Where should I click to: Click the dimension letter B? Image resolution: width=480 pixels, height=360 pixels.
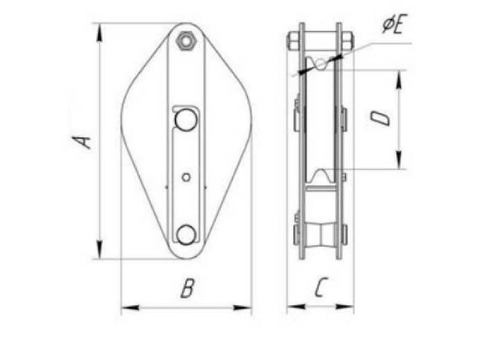point(187,288)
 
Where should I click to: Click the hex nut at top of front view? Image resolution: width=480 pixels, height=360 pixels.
point(185,41)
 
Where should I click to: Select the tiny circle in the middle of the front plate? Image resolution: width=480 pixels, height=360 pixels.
point(186,177)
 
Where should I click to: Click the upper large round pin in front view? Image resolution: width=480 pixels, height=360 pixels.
point(186,119)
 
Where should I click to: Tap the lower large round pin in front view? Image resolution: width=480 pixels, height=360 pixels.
point(186,235)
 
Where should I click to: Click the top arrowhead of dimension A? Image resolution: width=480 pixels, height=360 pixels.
point(100,32)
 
